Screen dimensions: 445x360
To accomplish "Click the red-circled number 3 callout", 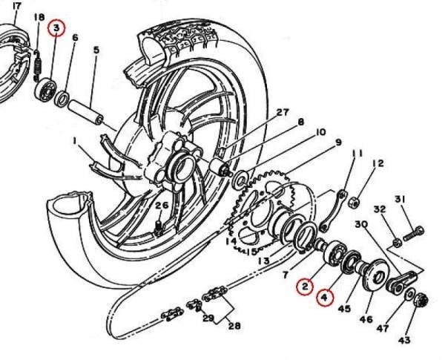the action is [x=56, y=28].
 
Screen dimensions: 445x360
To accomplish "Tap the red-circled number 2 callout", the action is [x=304, y=287].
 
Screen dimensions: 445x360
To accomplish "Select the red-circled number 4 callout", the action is [x=325, y=297].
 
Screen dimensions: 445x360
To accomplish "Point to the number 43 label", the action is [x=404, y=339].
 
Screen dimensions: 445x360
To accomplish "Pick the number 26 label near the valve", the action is [x=162, y=205].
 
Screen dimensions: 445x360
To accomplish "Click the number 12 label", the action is [x=378, y=163].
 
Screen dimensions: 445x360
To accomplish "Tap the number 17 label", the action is [x=17, y=6].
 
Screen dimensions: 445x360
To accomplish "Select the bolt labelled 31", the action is [x=414, y=234].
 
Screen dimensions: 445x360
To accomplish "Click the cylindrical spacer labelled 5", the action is [x=85, y=111].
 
